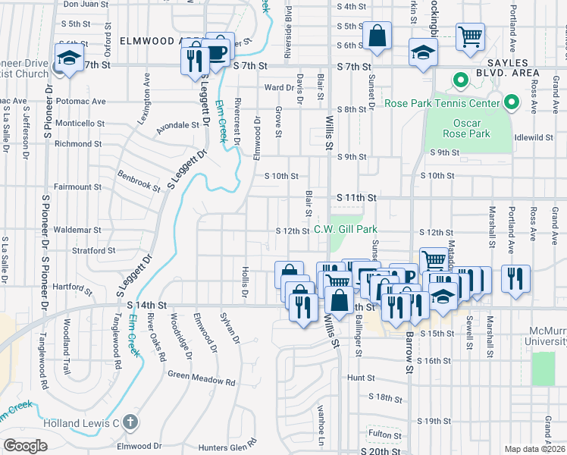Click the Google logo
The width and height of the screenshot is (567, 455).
tap(25, 446)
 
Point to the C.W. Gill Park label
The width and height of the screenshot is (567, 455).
tap(346, 229)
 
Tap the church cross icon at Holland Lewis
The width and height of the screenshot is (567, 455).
tap(130, 422)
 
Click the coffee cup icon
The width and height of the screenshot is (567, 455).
tap(218, 51)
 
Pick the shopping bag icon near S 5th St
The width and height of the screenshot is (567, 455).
tap(376, 36)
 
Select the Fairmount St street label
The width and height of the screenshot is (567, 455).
tap(78, 187)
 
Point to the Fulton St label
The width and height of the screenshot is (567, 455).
tap(384, 434)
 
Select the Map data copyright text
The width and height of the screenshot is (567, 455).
tap(535, 449)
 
